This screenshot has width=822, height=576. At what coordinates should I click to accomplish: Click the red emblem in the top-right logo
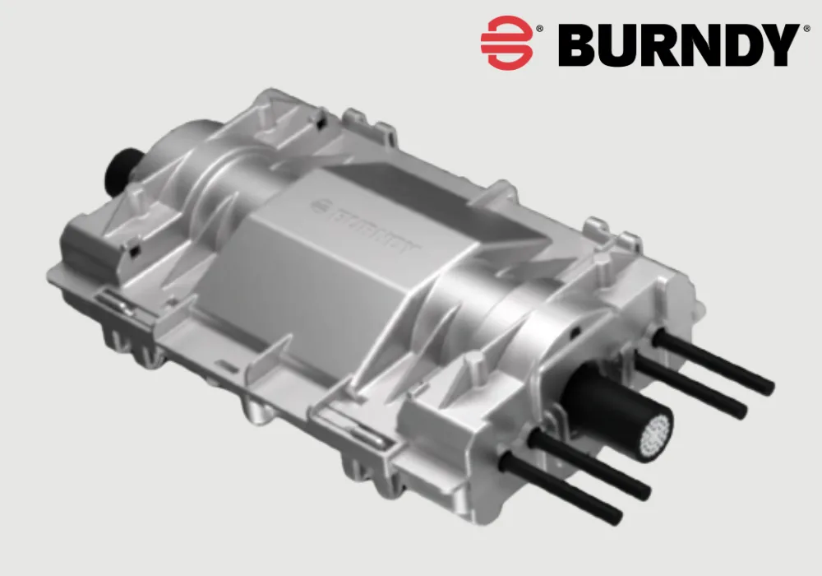click(x=506, y=42)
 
